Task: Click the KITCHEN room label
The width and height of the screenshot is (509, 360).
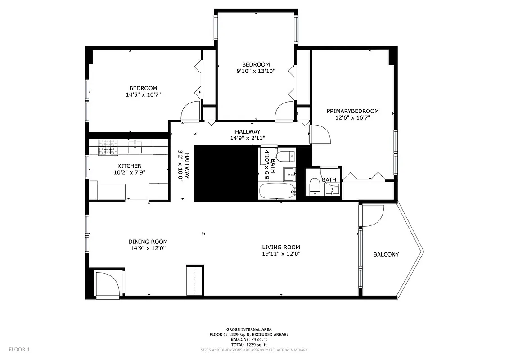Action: pyautogui.click(x=130, y=166)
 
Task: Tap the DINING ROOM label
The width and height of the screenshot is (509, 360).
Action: pyautogui.click(x=148, y=242)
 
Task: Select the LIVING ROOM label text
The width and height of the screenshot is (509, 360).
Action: pyautogui.click(x=281, y=247)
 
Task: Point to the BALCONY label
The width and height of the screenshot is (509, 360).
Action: pyautogui.click(x=386, y=254)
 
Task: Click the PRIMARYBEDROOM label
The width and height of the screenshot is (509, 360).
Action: pyautogui.click(x=353, y=111)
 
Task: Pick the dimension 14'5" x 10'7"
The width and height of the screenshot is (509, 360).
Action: pyautogui.click(x=143, y=95)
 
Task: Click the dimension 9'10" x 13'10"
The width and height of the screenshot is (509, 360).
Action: pyautogui.click(x=256, y=71)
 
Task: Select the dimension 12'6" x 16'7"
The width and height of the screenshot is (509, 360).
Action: pyautogui.click(x=353, y=118)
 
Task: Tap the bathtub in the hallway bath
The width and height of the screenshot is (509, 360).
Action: pyautogui.click(x=277, y=191)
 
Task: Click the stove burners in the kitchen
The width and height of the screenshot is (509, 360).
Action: pyautogui.click(x=108, y=147)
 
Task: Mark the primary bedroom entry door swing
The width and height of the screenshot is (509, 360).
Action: pyautogui.click(x=320, y=134)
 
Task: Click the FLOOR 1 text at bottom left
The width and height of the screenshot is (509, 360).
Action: pyautogui.click(x=19, y=349)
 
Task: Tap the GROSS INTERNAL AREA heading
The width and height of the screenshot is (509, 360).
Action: pyautogui.click(x=248, y=330)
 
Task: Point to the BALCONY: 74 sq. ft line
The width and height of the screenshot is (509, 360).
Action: pyautogui.click(x=248, y=340)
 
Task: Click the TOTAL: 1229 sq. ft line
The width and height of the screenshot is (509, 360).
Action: pyautogui.click(x=248, y=345)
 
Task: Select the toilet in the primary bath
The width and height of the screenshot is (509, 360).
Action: pyautogui.click(x=314, y=186)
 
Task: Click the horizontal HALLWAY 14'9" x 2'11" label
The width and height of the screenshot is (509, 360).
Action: pyautogui.click(x=247, y=135)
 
